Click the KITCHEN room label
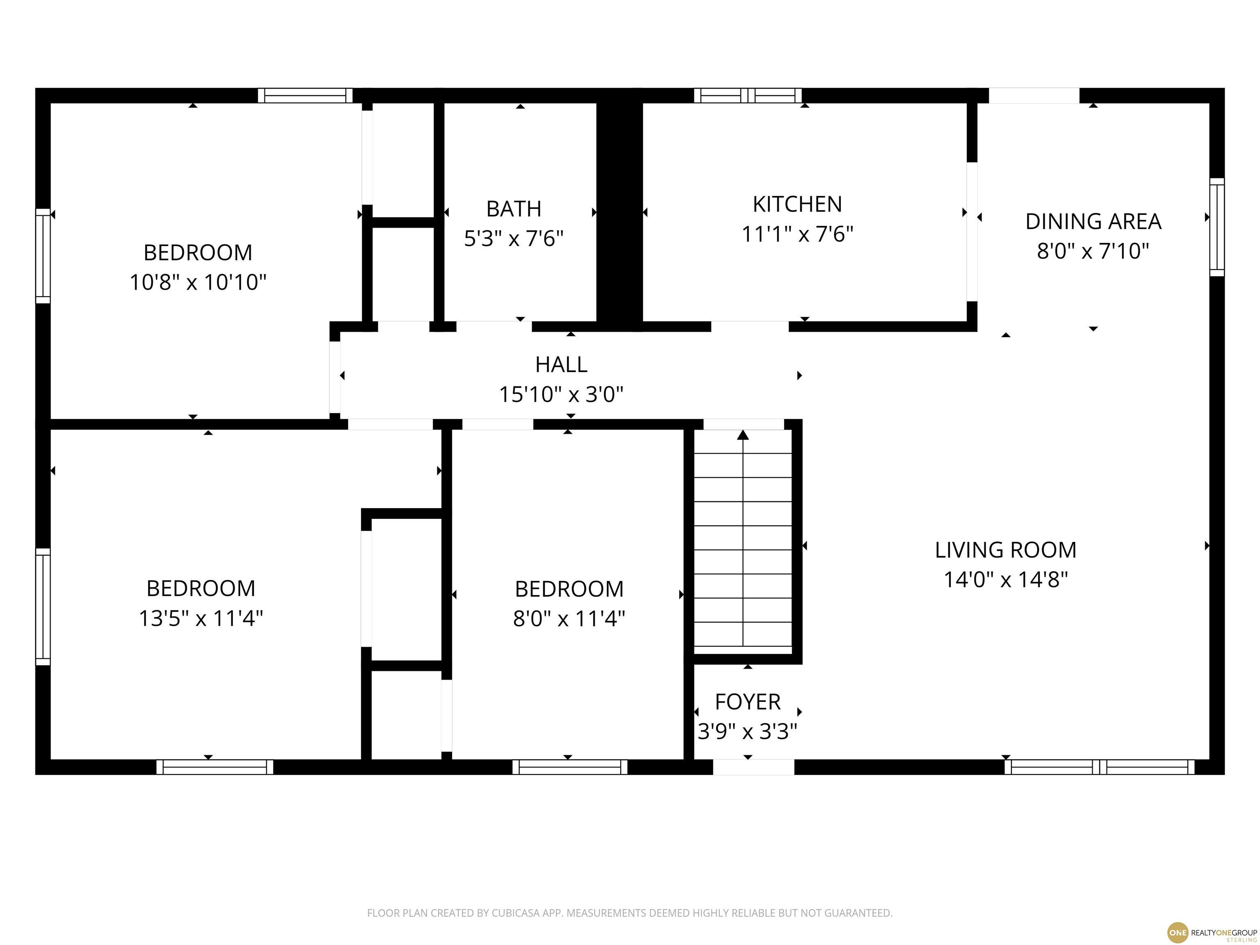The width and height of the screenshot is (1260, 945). pyautogui.click(x=797, y=204)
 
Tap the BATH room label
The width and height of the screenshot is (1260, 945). pyautogui.click(x=514, y=209)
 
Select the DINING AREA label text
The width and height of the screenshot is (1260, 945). pyautogui.click(x=1093, y=221)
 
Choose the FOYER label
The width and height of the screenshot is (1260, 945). pyautogui.click(x=747, y=702)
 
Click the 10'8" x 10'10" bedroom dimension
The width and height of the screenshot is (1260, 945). pyautogui.click(x=198, y=282)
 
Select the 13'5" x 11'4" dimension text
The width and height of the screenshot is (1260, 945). pyautogui.click(x=201, y=618)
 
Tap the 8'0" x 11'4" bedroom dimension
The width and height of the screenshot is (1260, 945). pyautogui.click(x=569, y=618)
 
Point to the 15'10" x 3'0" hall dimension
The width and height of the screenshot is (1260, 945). pyautogui.click(x=561, y=394)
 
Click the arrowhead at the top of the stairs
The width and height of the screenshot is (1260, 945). pyautogui.click(x=743, y=435)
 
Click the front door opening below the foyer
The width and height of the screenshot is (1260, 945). pyautogui.click(x=753, y=767)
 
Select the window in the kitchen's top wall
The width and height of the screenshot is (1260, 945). pyautogui.click(x=748, y=96)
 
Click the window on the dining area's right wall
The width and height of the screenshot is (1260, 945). pyautogui.click(x=1217, y=227)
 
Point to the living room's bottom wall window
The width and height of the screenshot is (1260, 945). pyautogui.click(x=1099, y=767)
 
